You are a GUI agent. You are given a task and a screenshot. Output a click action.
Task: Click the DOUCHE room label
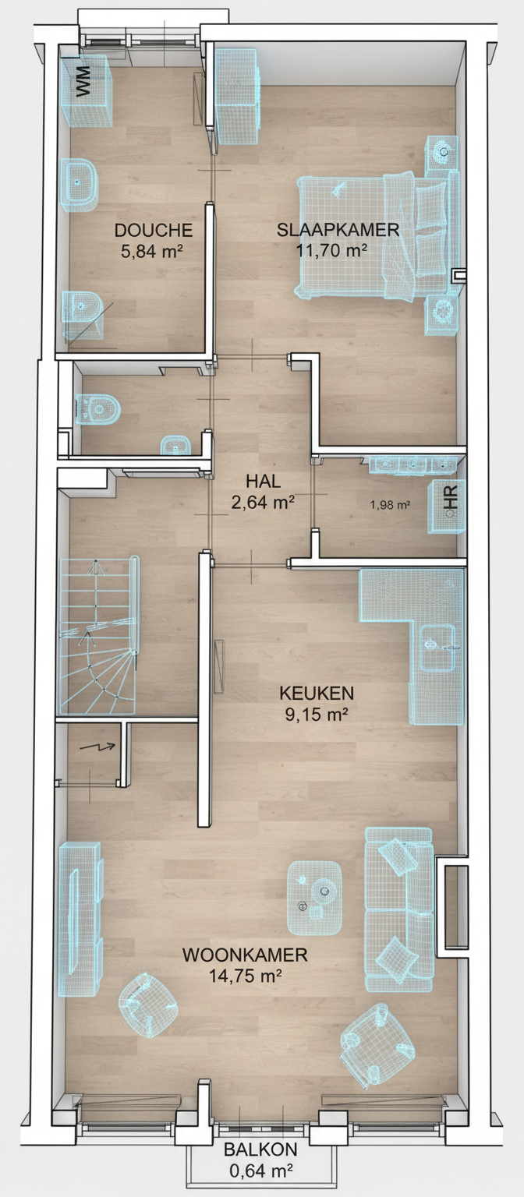click(154, 230)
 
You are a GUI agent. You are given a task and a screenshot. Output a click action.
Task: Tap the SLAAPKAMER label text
click(338, 230)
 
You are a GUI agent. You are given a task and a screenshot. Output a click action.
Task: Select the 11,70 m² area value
click(331, 250)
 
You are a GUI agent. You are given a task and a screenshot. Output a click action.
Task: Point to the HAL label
click(263, 481)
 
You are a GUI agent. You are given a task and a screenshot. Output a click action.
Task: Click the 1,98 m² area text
click(391, 504)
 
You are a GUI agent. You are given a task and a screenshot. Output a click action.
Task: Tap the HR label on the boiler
click(451, 496)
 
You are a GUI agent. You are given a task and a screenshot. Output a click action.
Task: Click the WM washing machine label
click(83, 81)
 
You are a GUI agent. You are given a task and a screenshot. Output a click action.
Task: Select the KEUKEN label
click(317, 693)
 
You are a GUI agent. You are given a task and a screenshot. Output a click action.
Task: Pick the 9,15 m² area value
click(317, 714)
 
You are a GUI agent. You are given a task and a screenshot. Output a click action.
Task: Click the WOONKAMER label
click(245, 955)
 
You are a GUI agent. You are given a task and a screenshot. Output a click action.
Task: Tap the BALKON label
click(260, 1149)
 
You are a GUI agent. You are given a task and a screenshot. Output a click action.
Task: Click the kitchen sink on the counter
click(438, 648)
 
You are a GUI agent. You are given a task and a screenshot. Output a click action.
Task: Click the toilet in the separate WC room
click(97, 409)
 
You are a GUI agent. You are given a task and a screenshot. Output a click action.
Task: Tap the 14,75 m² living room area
click(245, 976)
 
